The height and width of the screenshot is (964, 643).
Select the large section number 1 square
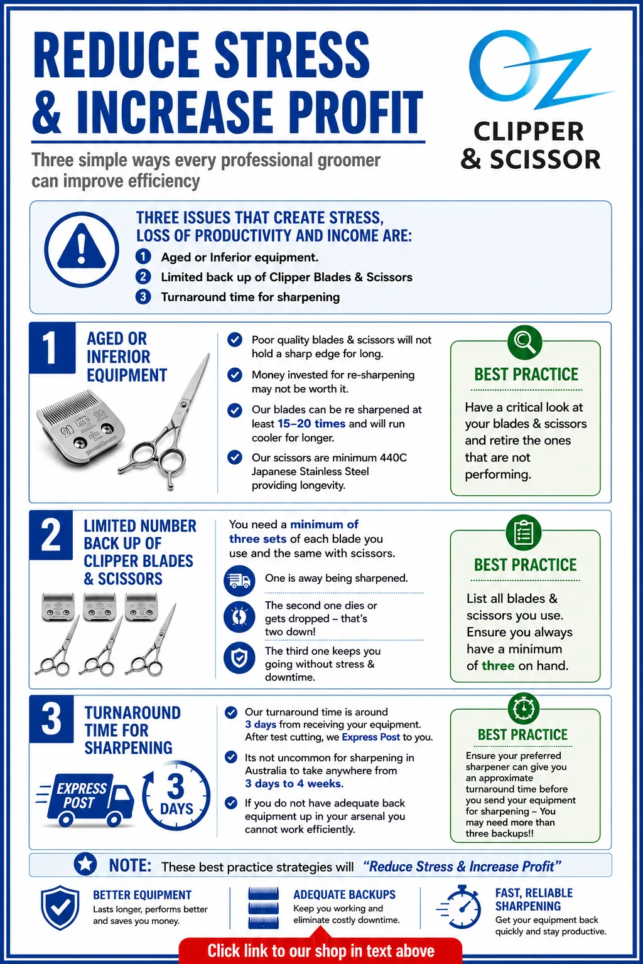(x=52, y=348)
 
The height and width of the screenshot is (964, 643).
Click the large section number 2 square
(x=51, y=535)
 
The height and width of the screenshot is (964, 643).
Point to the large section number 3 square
(x=51, y=719)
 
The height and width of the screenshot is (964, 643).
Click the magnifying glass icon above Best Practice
(x=524, y=343)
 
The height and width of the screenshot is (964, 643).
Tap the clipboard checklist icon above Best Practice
(x=524, y=532)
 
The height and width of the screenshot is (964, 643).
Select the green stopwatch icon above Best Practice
(x=524, y=708)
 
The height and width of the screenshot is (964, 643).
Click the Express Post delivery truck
(x=85, y=800)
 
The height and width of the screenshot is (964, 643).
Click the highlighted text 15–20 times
(x=311, y=424)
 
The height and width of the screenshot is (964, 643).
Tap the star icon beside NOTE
(x=85, y=864)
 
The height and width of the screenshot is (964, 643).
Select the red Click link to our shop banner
(x=320, y=950)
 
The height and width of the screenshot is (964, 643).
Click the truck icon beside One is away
(x=239, y=581)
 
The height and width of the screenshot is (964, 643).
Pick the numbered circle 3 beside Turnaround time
(x=143, y=297)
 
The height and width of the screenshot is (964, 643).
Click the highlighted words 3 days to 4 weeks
(x=294, y=783)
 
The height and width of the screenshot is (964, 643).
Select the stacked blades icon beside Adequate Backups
(x=264, y=908)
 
